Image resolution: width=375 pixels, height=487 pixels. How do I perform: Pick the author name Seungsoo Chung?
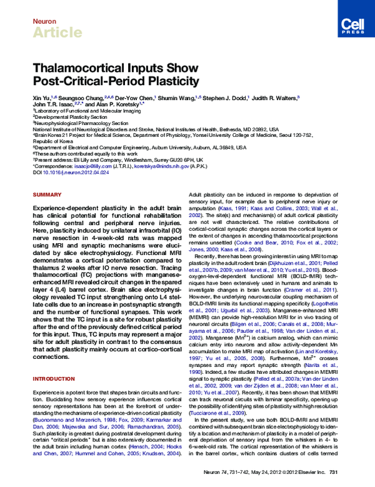80,98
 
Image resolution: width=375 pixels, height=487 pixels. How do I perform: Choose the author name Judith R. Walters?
274,98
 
